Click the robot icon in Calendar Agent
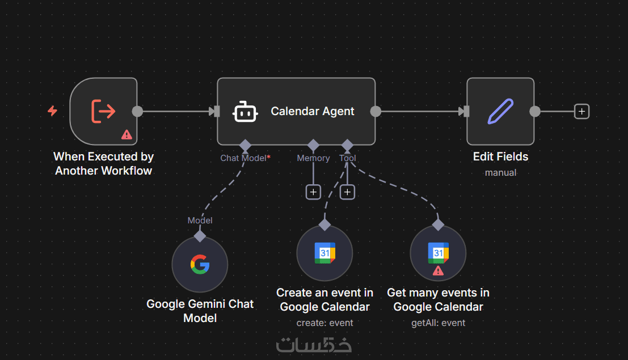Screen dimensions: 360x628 245,112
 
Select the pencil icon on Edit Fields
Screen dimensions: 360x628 500,112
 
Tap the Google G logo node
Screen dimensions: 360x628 200,264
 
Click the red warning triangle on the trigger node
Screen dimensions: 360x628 127,134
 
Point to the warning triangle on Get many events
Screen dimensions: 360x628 438,270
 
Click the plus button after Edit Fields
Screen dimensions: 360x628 581,111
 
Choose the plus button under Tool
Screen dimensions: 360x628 347,192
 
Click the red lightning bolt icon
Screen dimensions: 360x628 52,111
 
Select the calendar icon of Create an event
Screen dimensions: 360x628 324,253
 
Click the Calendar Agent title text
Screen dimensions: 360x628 313,112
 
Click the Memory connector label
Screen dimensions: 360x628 313,158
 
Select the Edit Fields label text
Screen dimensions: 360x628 500,156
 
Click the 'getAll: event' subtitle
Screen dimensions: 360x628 438,323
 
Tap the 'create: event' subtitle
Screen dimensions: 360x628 324,323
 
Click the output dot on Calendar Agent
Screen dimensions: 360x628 376,111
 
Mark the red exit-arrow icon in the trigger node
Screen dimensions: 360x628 103,111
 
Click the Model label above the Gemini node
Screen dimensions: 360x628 200,220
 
